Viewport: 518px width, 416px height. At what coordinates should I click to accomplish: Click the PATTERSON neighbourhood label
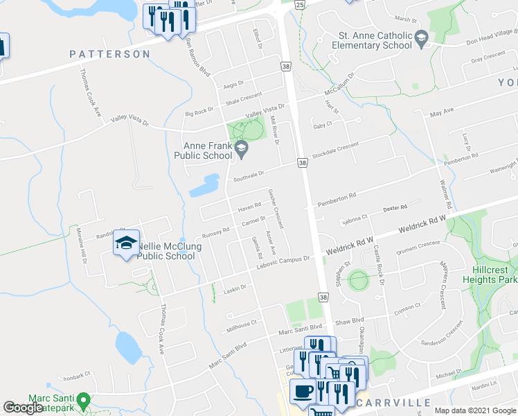(x=109, y=53)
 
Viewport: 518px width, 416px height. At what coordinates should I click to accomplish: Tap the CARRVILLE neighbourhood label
(x=395, y=402)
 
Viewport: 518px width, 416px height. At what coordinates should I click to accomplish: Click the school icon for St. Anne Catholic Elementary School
(x=422, y=45)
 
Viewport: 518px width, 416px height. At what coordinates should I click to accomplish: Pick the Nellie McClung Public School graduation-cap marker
(x=126, y=243)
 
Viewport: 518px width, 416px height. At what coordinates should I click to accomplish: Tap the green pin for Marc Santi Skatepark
(x=83, y=400)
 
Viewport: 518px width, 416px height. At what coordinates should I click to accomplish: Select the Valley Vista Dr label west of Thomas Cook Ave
(x=131, y=123)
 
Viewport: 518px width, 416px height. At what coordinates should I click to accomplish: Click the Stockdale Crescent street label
(x=335, y=149)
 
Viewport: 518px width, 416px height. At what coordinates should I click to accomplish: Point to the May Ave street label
(x=441, y=112)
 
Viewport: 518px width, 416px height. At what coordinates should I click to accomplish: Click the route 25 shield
(x=298, y=4)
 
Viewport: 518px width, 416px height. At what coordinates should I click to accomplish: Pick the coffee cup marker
(x=302, y=391)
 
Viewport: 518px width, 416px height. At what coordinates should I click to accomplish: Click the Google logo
(x=23, y=408)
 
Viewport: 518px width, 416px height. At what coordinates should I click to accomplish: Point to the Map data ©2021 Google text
(x=474, y=410)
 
